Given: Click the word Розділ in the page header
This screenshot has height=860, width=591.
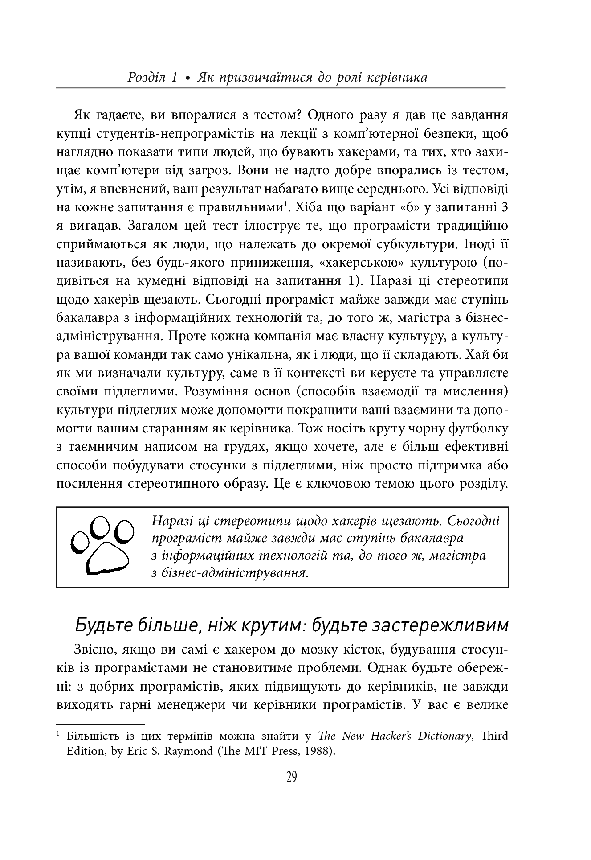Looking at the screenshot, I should coord(146,78).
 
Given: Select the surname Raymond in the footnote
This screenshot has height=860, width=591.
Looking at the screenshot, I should coord(187,751).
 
